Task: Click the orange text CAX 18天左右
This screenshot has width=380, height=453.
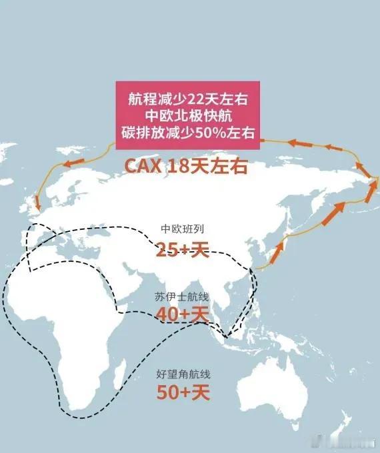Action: coord(186,166)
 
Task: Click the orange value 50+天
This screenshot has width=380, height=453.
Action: coord(183,392)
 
